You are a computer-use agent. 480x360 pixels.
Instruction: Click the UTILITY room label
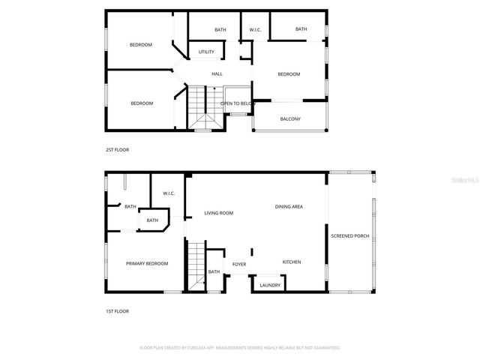point(206,52)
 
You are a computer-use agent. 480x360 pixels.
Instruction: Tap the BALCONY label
point(290,119)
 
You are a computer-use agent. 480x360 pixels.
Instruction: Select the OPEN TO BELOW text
point(238,103)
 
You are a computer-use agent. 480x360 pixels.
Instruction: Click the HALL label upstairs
point(217,74)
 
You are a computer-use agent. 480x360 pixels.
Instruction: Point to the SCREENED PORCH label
point(350,236)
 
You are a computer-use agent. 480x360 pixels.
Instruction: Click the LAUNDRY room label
point(270,286)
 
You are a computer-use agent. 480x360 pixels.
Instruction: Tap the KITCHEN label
point(291,262)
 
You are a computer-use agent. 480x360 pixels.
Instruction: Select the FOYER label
point(239,265)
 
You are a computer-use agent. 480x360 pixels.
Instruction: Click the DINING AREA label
point(289,206)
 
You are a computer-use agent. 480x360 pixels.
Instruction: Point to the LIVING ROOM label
point(219,213)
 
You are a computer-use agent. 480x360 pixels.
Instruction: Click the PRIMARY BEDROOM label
point(147,263)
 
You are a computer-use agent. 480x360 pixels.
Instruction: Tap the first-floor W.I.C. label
point(169,193)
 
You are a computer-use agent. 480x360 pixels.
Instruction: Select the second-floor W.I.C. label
point(255,30)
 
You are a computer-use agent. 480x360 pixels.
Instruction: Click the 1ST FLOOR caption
point(117,310)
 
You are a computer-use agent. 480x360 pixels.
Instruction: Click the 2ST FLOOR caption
point(117,150)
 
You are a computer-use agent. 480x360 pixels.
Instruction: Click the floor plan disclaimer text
point(240,348)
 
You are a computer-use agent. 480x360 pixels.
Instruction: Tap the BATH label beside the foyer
point(214,271)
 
